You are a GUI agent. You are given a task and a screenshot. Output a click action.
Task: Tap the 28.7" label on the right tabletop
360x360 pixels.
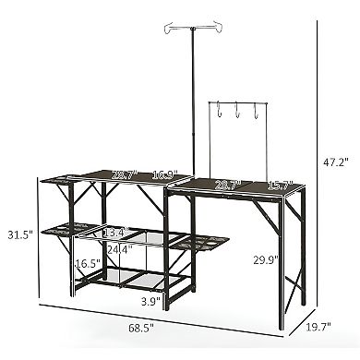pyautogui.click(x=225, y=186)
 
